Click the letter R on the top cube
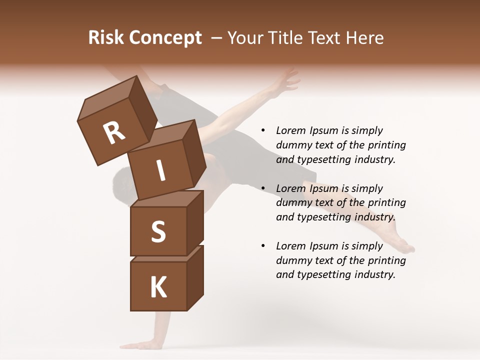click(114, 132)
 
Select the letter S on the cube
click(158, 231)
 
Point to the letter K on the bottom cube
click(158, 287)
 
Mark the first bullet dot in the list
click(263, 131)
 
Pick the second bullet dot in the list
click(263, 188)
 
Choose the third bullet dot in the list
click(263, 246)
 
